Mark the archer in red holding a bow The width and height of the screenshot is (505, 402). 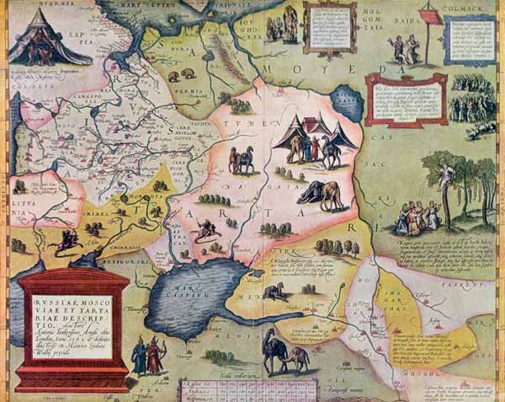(154, 353)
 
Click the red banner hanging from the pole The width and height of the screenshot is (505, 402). (429, 17)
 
